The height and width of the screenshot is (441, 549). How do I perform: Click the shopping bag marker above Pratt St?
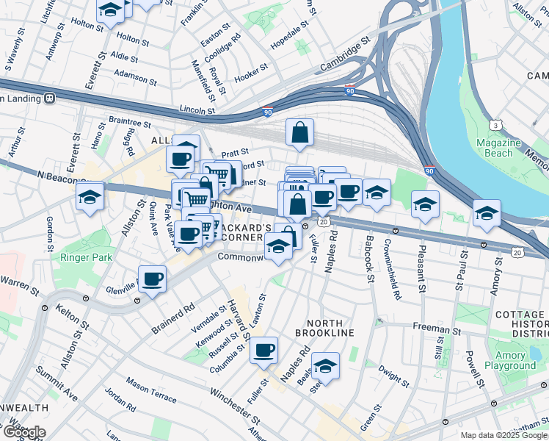click(299, 133)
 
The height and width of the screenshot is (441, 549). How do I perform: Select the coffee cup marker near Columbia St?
click(263, 351)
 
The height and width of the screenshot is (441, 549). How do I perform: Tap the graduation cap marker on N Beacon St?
click(90, 196)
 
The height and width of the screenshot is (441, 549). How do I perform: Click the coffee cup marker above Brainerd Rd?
click(152, 279)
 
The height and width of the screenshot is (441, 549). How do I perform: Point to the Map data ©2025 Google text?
click(503, 435)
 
